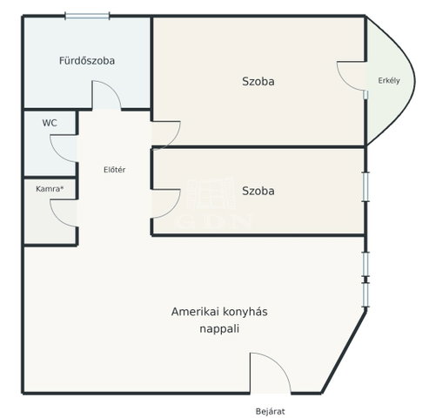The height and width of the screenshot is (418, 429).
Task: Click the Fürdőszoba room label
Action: coord(87,61)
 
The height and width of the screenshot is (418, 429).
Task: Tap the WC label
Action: coord(50,123)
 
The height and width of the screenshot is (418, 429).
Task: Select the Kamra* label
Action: coord(50,189)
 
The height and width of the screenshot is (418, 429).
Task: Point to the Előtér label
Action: coord(115,170)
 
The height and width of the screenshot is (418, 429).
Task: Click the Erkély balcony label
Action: coord(389,81)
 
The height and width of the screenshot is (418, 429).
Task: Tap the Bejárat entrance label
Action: coord(271,411)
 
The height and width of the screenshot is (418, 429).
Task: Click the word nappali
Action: coord(219,329)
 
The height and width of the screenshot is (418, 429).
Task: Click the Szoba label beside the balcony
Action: coord(258,82)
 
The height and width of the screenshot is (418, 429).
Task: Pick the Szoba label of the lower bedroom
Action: coord(258,191)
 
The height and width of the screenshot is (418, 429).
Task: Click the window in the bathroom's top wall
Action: coord(87,16)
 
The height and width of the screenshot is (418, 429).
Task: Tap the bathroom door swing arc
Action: coord(113,87)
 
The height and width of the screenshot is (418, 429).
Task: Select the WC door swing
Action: coord(57,154)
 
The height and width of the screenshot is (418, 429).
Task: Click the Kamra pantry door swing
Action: coord(57,219)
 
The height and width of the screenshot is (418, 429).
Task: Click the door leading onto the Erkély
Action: coord(342,81)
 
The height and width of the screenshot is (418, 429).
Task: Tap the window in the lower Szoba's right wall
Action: coord(366,187)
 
